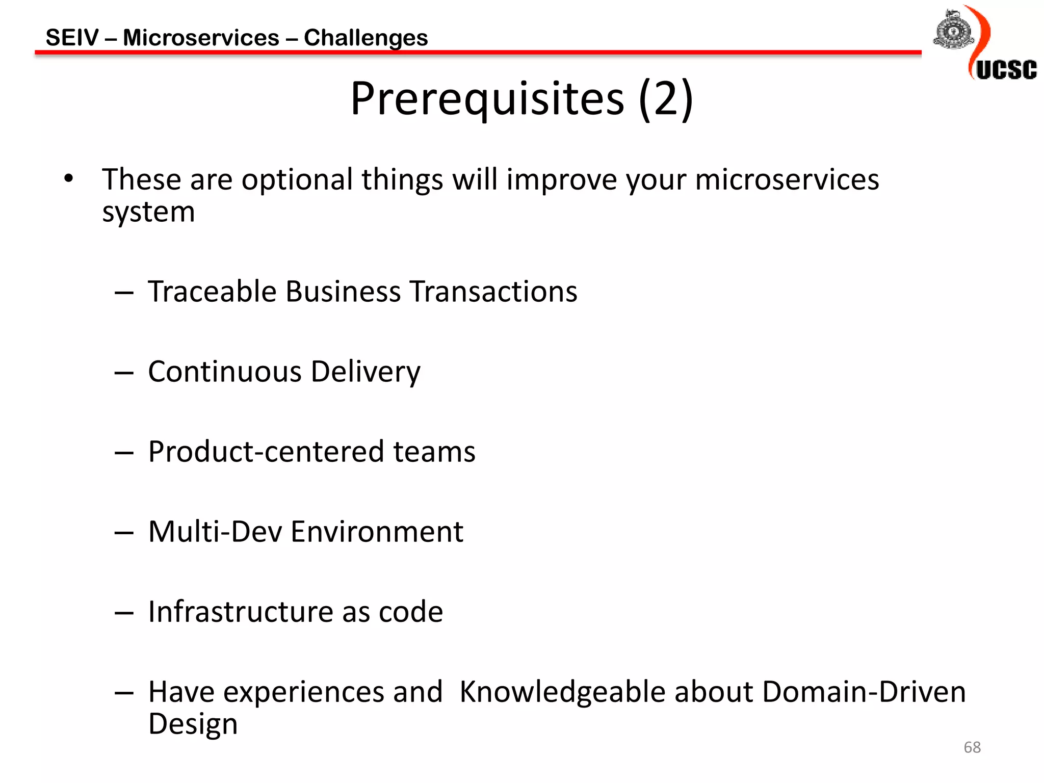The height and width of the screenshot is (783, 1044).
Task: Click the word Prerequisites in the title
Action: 487,99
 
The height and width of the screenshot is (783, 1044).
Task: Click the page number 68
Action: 972,747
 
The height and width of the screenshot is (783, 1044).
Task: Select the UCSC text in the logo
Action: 1006,70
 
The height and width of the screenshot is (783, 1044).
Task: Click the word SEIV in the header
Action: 72,38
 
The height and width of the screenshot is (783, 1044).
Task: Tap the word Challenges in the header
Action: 366,38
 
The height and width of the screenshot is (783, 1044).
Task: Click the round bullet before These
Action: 69,178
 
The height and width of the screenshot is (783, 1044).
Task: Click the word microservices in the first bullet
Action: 787,180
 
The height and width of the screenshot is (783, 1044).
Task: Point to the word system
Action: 148,212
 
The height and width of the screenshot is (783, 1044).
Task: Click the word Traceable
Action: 212,292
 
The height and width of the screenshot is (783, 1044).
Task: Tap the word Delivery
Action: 366,372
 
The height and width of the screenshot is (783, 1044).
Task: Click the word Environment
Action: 377,532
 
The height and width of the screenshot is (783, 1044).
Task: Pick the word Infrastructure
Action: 240,612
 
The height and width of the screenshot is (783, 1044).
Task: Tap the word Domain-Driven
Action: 864,692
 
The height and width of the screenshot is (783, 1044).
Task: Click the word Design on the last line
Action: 193,724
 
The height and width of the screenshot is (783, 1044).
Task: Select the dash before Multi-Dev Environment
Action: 124,533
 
